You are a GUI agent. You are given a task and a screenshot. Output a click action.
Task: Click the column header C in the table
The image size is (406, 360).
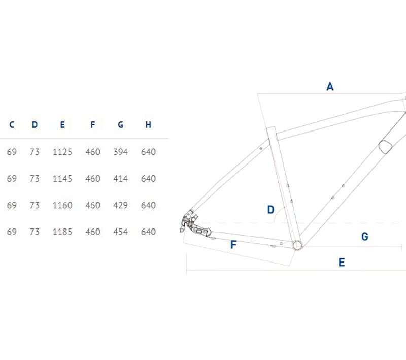click(12, 125)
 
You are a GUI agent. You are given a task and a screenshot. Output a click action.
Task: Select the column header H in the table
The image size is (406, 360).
click(148, 125)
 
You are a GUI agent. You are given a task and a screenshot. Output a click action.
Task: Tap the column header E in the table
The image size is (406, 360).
click(62, 125)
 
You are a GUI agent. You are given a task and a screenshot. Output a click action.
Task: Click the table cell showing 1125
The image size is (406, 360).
click(62, 152)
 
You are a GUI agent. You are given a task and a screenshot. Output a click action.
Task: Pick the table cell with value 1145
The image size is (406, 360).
click(62, 178)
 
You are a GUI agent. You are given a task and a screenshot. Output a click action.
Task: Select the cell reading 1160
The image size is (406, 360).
click(62, 205)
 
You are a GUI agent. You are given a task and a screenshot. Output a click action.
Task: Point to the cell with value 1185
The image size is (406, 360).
click(62, 232)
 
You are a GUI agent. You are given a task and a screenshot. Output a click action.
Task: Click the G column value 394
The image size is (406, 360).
click(120, 152)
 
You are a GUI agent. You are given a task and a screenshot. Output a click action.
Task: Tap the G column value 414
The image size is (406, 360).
click(120, 178)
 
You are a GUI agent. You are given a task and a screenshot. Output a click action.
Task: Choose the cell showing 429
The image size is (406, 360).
click(120, 205)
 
